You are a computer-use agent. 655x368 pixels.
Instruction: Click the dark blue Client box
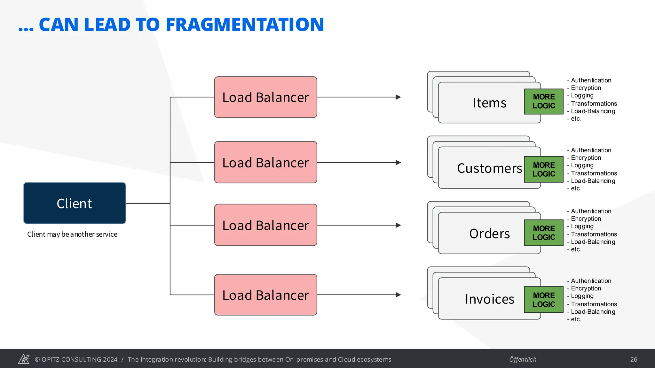(x=75, y=203)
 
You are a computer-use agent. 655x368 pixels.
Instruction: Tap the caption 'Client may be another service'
(x=72, y=234)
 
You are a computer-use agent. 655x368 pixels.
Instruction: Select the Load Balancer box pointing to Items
(x=265, y=97)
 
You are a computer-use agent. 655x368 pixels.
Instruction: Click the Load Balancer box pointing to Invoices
(x=265, y=295)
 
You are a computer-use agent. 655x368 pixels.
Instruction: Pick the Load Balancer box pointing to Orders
(x=265, y=225)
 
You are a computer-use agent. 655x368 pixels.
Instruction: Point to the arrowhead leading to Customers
(x=398, y=163)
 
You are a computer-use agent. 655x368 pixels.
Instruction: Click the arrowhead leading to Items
(x=398, y=97)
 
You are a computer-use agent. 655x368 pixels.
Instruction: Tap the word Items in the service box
(x=489, y=103)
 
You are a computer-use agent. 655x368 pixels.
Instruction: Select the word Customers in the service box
(x=489, y=168)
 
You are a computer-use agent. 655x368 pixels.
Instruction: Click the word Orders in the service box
(x=489, y=234)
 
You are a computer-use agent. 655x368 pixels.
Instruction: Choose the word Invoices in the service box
(x=489, y=299)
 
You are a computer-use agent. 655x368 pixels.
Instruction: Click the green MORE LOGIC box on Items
(x=544, y=101)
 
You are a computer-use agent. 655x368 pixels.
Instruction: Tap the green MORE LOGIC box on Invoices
(x=544, y=300)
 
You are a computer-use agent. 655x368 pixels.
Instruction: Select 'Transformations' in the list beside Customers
(x=594, y=173)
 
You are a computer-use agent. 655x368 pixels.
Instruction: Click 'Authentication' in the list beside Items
(x=591, y=80)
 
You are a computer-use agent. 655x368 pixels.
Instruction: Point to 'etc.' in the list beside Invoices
(x=576, y=319)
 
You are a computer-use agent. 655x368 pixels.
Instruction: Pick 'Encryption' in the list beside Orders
(x=586, y=219)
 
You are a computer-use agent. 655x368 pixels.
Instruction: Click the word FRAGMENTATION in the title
(x=245, y=25)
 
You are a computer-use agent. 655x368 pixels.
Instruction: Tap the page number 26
(x=634, y=359)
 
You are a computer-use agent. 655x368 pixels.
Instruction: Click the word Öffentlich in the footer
(x=523, y=359)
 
